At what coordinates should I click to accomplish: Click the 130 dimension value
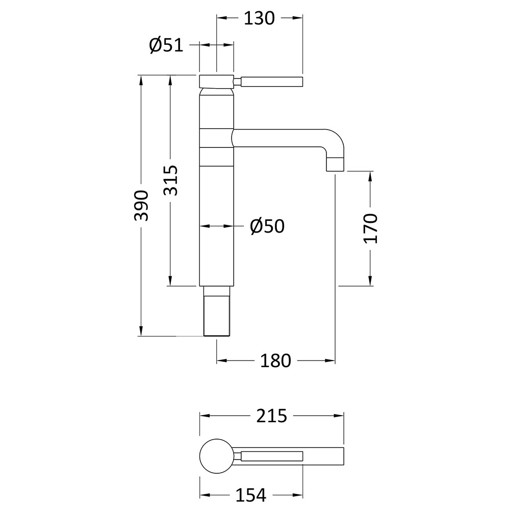tap(259, 18)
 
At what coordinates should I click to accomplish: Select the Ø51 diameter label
tap(166, 45)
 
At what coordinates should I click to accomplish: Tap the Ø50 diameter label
tap(267, 226)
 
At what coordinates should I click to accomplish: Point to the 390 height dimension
tap(141, 206)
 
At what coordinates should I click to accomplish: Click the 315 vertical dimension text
tap(170, 181)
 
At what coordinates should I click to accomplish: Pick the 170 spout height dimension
tap(370, 228)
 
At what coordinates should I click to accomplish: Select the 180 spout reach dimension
tap(275, 361)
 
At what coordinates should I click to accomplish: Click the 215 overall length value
tap(272, 416)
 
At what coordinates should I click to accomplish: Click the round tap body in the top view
tap(217, 456)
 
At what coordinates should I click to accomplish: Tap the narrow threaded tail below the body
tap(217, 311)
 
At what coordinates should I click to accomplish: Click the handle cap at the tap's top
tap(216, 81)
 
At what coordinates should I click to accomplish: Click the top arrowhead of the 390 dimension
tap(141, 81)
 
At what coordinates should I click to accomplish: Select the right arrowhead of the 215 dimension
tap(339, 416)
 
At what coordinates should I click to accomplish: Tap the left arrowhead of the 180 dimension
tap(222, 361)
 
